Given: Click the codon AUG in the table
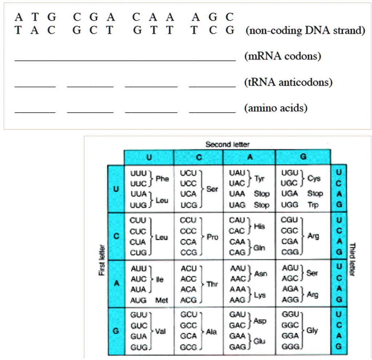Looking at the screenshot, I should pos(138,300).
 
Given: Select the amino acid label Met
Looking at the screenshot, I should pos(162,300).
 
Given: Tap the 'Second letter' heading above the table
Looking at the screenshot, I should pos(227,144).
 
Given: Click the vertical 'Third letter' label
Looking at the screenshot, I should pos(351,259).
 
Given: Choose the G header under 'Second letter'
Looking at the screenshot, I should pos(303,157).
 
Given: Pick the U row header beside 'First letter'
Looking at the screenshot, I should pos(116,189).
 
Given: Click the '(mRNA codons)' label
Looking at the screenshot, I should pos(283,57).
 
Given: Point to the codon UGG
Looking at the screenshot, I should pos(290,205).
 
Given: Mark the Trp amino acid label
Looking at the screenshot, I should pos(313,205).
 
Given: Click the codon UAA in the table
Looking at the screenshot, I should pos(237,194).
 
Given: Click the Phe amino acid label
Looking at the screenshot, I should pos(162,179).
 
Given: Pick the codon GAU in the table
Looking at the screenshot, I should pos(237,315).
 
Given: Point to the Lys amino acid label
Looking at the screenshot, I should pos(259,295).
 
